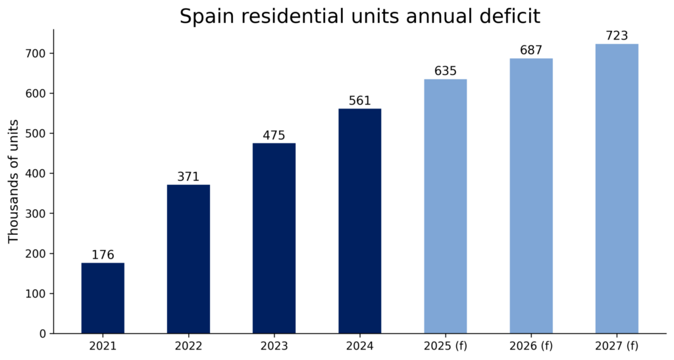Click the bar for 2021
pyautogui.click(x=103, y=297)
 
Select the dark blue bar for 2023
pyautogui.click(x=274, y=238)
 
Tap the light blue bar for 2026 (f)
pyautogui.click(x=531, y=195)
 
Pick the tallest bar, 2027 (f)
pyautogui.click(x=617, y=188)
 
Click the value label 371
pyautogui.click(x=188, y=177)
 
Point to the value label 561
pyautogui.click(x=359, y=101)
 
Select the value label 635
pyautogui.click(x=446, y=71)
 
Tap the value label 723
pyautogui.click(x=617, y=36)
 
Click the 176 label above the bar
pyautogui.click(x=103, y=255)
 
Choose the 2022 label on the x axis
pyautogui.click(x=188, y=346)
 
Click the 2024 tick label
pyautogui.click(x=359, y=346)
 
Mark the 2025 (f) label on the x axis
pyautogui.click(x=446, y=346)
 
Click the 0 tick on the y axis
pyautogui.click(x=43, y=334)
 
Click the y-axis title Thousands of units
pyautogui.click(x=14, y=181)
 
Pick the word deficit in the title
pyautogui.click(x=510, y=16)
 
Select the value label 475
pyautogui.click(x=274, y=136)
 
